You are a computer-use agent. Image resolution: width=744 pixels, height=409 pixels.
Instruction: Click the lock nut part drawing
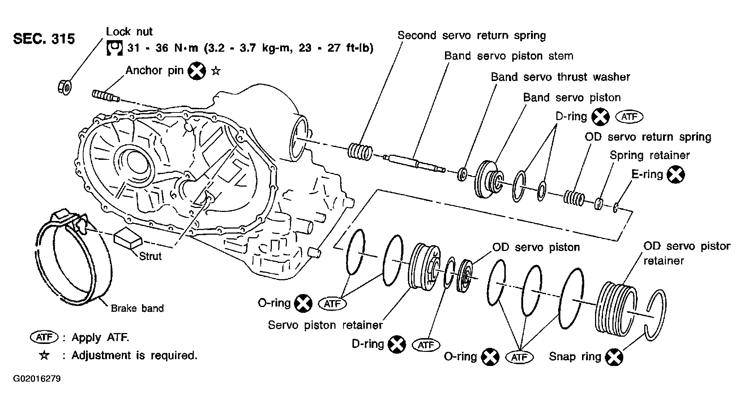click(65, 87)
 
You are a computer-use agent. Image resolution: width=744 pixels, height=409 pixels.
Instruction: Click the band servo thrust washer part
click(462, 174)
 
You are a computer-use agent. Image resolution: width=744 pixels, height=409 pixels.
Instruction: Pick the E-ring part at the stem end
click(616, 208)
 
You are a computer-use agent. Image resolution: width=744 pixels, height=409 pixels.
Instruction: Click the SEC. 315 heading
click(44, 39)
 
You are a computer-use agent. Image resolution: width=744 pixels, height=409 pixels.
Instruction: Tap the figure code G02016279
click(37, 379)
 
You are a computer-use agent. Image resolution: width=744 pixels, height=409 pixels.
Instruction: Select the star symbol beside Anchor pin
click(216, 71)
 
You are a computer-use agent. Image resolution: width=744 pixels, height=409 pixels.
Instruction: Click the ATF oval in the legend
click(44, 337)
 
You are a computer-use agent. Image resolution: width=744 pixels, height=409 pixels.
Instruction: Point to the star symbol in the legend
click(44, 355)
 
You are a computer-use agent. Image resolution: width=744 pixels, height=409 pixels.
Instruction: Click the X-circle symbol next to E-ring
click(676, 175)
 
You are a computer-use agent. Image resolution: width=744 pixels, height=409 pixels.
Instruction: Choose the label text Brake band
click(137, 308)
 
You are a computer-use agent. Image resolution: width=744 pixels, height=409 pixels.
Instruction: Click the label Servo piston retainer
click(325, 325)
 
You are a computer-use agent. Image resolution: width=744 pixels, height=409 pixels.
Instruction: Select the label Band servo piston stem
click(509, 56)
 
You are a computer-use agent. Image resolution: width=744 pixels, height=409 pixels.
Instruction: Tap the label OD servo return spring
click(648, 137)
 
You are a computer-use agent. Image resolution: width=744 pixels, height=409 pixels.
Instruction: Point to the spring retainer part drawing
click(599, 204)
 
